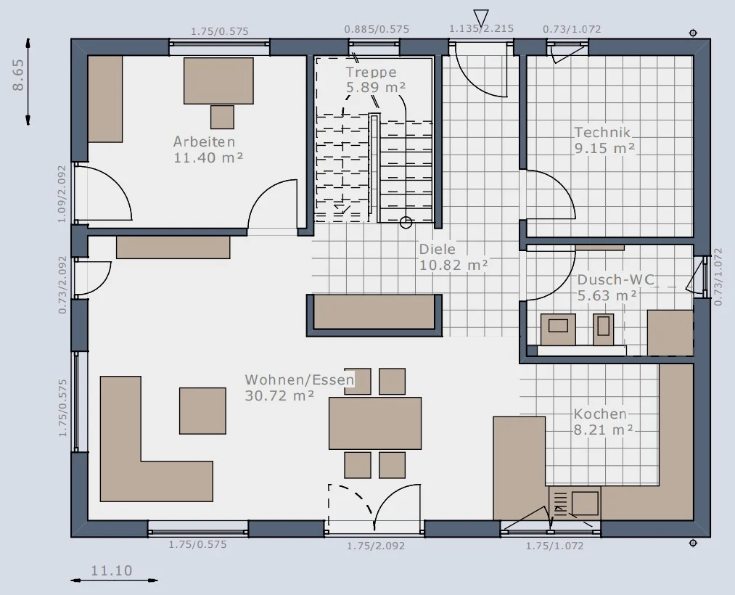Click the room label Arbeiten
pyautogui.click(x=204, y=141)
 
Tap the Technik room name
pyautogui.click(x=603, y=132)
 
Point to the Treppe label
pyautogui.click(x=371, y=73)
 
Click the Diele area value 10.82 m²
pyautogui.click(x=453, y=266)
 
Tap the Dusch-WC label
pyautogui.click(x=615, y=279)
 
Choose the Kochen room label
pyautogui.click(x=601, y=414)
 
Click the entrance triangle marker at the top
pyautogui.click(x=481, y=18)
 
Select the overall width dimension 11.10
pyautogui.click(x=112, y=570)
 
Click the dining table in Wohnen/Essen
pyautogui.click(x=375, y=423)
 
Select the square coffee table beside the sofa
pyautogui.click(x=202, y=411)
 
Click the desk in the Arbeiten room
pyautogui.click(x=218, y=81)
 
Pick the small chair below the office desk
pyautogui.click(x=222, y=118)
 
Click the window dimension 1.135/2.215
pyautogui.click(x=481, y=29)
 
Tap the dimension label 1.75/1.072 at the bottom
pyautogui.click(x=554, y=546)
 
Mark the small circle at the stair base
pyautogui.click(x=406, y=222)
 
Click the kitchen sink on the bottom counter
pyautogui.click(x=585, y=503)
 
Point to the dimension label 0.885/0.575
pyautogui.click(x=377, y=29)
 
